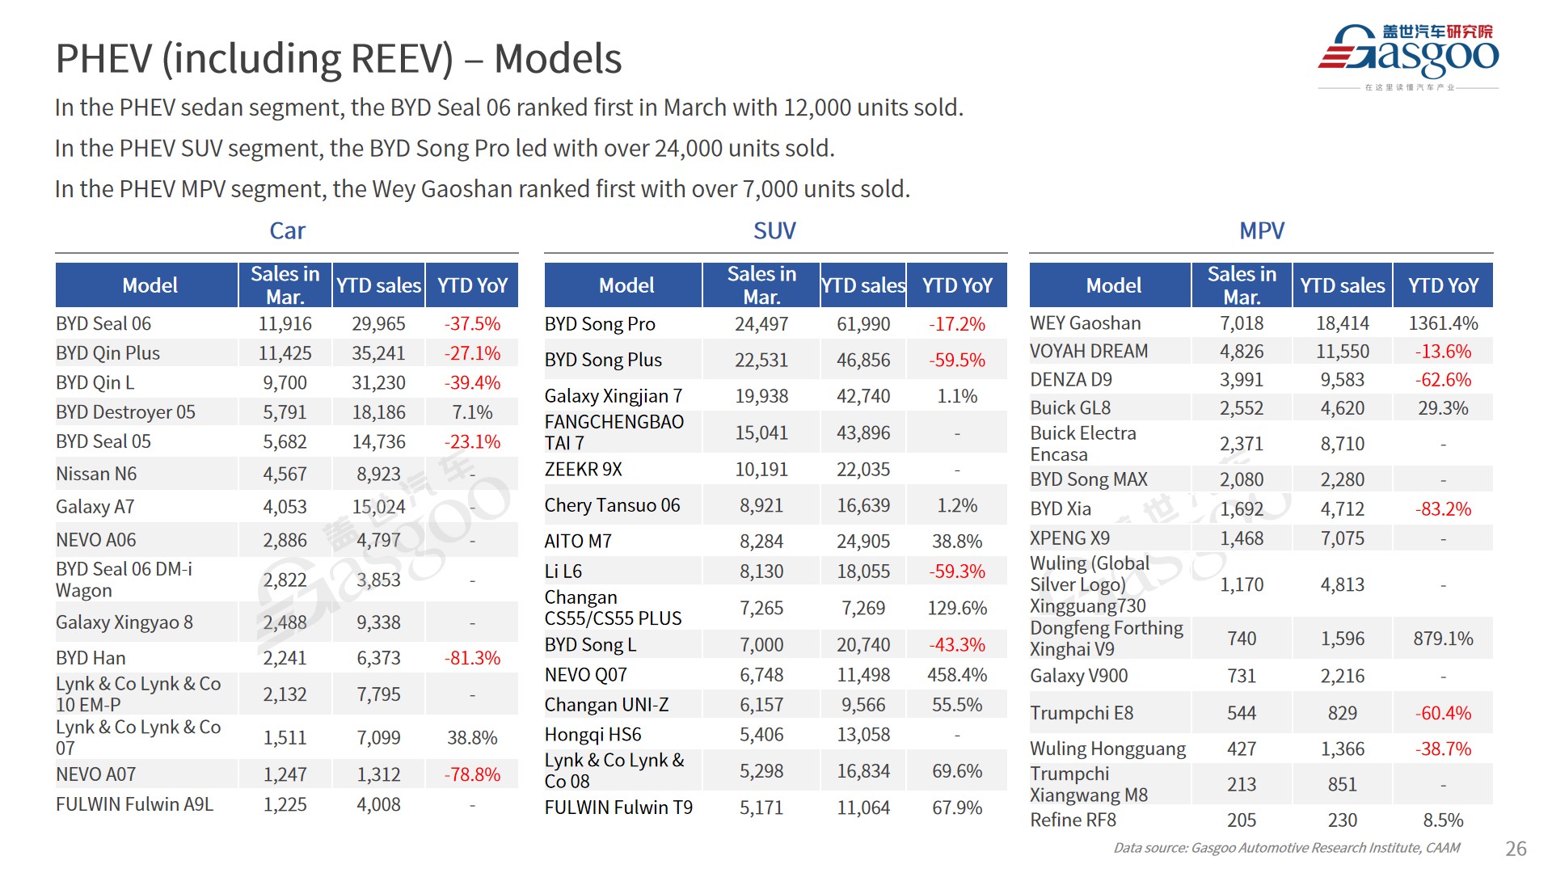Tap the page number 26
[1516, 848]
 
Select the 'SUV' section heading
[774, 231]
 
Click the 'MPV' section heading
[1261, 231]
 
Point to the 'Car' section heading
[287, 231]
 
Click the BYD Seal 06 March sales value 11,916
[285, 324]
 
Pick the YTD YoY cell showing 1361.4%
[1443, 323]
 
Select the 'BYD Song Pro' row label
[600, 324]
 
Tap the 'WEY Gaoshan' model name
[1085, 323]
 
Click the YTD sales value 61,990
[863, 324]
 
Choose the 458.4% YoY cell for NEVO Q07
[957, 675]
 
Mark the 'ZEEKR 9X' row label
[583, 470]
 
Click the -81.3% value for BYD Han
[472, 658]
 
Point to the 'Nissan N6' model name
[96, 474]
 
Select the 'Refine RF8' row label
[1073, 820]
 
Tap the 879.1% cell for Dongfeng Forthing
[1443, 639]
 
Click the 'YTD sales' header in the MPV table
[1342, 285]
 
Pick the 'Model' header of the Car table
[150, 285]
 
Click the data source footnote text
[1286, 848]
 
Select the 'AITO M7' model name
[578, 542]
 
